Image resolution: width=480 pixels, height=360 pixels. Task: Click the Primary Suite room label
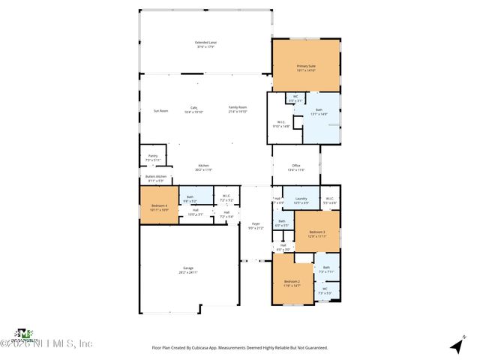306,66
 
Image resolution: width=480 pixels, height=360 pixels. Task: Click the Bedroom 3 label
316,235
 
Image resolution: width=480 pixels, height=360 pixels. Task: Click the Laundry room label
301,199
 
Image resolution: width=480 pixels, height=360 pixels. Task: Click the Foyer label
255,226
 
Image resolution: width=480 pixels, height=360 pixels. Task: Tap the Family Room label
238,108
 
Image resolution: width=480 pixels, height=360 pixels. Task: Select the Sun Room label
160,110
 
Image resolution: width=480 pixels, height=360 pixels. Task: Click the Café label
193,108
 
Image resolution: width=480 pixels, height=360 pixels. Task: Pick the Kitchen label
203,166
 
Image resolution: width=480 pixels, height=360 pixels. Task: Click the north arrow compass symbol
455,346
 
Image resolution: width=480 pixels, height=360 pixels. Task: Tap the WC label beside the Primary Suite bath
295,96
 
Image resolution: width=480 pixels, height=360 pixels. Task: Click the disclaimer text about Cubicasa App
240,347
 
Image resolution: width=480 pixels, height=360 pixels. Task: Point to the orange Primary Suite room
306,75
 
